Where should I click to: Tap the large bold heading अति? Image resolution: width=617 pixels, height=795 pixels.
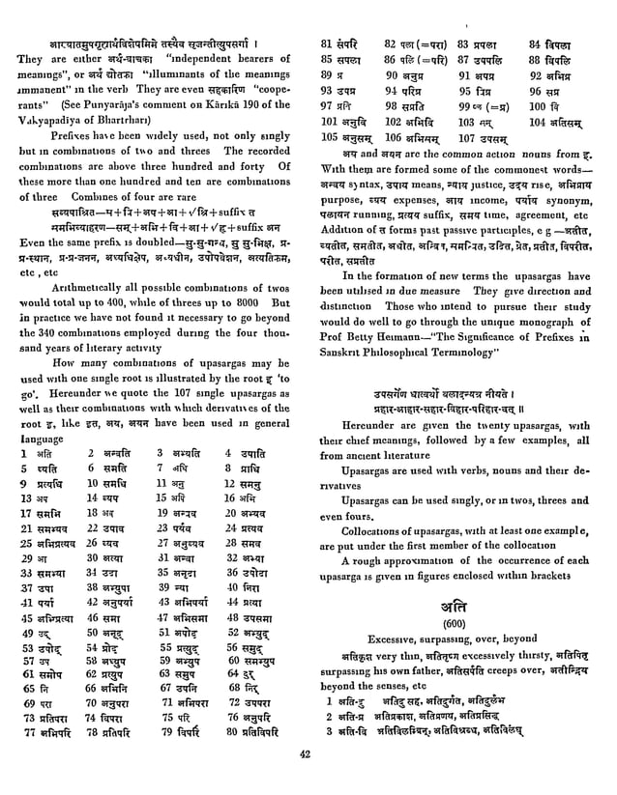click(x=463, y=605)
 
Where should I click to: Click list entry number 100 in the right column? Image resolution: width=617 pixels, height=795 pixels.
click(x=538, y=104)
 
